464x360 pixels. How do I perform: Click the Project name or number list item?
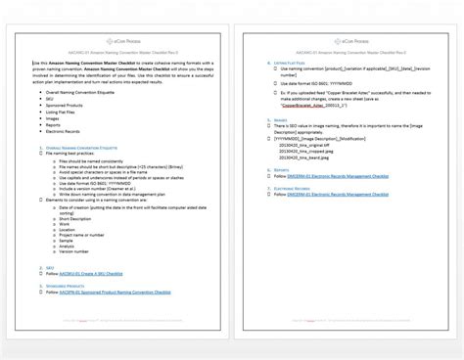coord(81,236)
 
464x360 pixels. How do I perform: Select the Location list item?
coord(68,230)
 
